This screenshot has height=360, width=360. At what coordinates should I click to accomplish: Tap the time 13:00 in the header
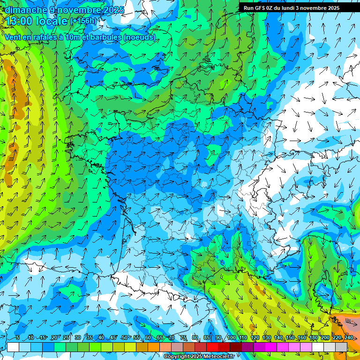tap(20, 21)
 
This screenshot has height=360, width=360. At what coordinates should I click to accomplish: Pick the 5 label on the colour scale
tap(18, 338)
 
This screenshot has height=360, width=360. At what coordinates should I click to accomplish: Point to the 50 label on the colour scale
tap(125, 338)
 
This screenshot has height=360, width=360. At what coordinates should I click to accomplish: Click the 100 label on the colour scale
tap(231, 338)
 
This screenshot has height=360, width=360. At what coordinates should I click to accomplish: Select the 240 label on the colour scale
tap(348, 338)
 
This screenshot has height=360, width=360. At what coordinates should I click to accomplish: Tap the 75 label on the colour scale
tap(183, 338)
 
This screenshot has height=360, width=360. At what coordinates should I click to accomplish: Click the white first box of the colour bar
tap(13, 347)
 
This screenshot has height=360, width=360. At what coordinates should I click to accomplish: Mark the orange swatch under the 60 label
tap(154, 347)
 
